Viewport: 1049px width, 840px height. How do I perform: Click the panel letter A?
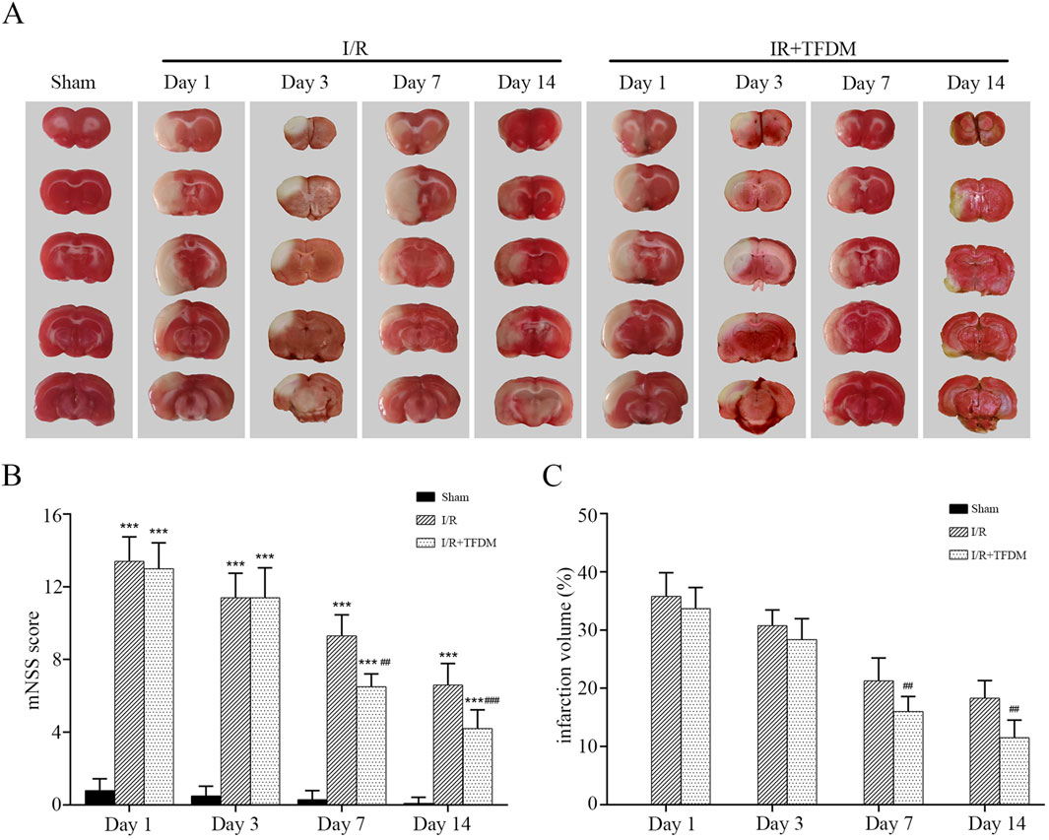[15, 18]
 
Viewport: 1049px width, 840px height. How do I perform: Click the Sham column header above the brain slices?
[75, 82]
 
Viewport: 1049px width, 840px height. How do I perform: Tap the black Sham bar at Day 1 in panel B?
[100, 797]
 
